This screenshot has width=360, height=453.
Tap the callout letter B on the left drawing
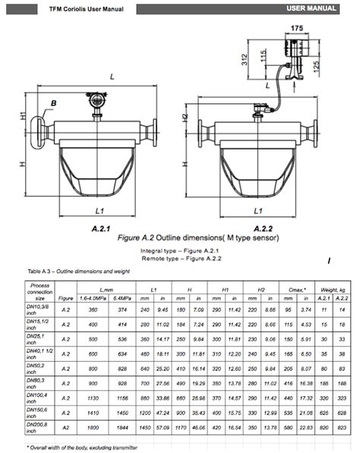tap(54, 102)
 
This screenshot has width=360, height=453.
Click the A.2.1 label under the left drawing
tap(101, 228)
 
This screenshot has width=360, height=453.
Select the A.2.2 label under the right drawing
tap(263, 228)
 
